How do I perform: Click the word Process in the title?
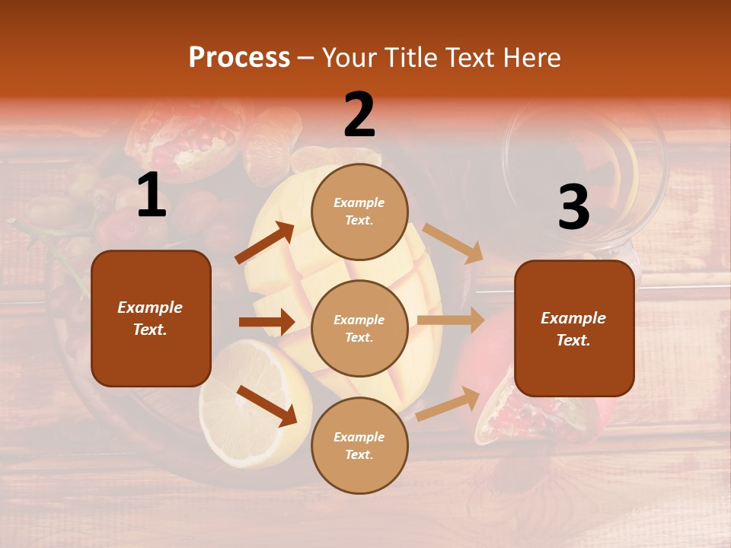click(x=239, y=57)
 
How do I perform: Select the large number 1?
click(x=151, y=196)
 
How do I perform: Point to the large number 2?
click(x=359, y=115)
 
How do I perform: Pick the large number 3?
click(x=573, y=208)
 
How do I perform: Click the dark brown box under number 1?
click(x=151, y=318)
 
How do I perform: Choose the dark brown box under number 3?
click(x=574, y=328)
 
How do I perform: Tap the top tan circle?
click(x=359, y=212)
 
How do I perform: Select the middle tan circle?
click(x=359, y=328)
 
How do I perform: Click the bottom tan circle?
click(x=359, y=445)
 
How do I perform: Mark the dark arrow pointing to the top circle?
click(x=265, y=243)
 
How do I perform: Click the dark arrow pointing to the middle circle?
click(x=267, y=322)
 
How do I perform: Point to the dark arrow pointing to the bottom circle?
click(x=267, y=406)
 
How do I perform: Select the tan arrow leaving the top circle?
click(x=453, y=243)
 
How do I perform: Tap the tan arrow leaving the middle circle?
click(x=451, y=320)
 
